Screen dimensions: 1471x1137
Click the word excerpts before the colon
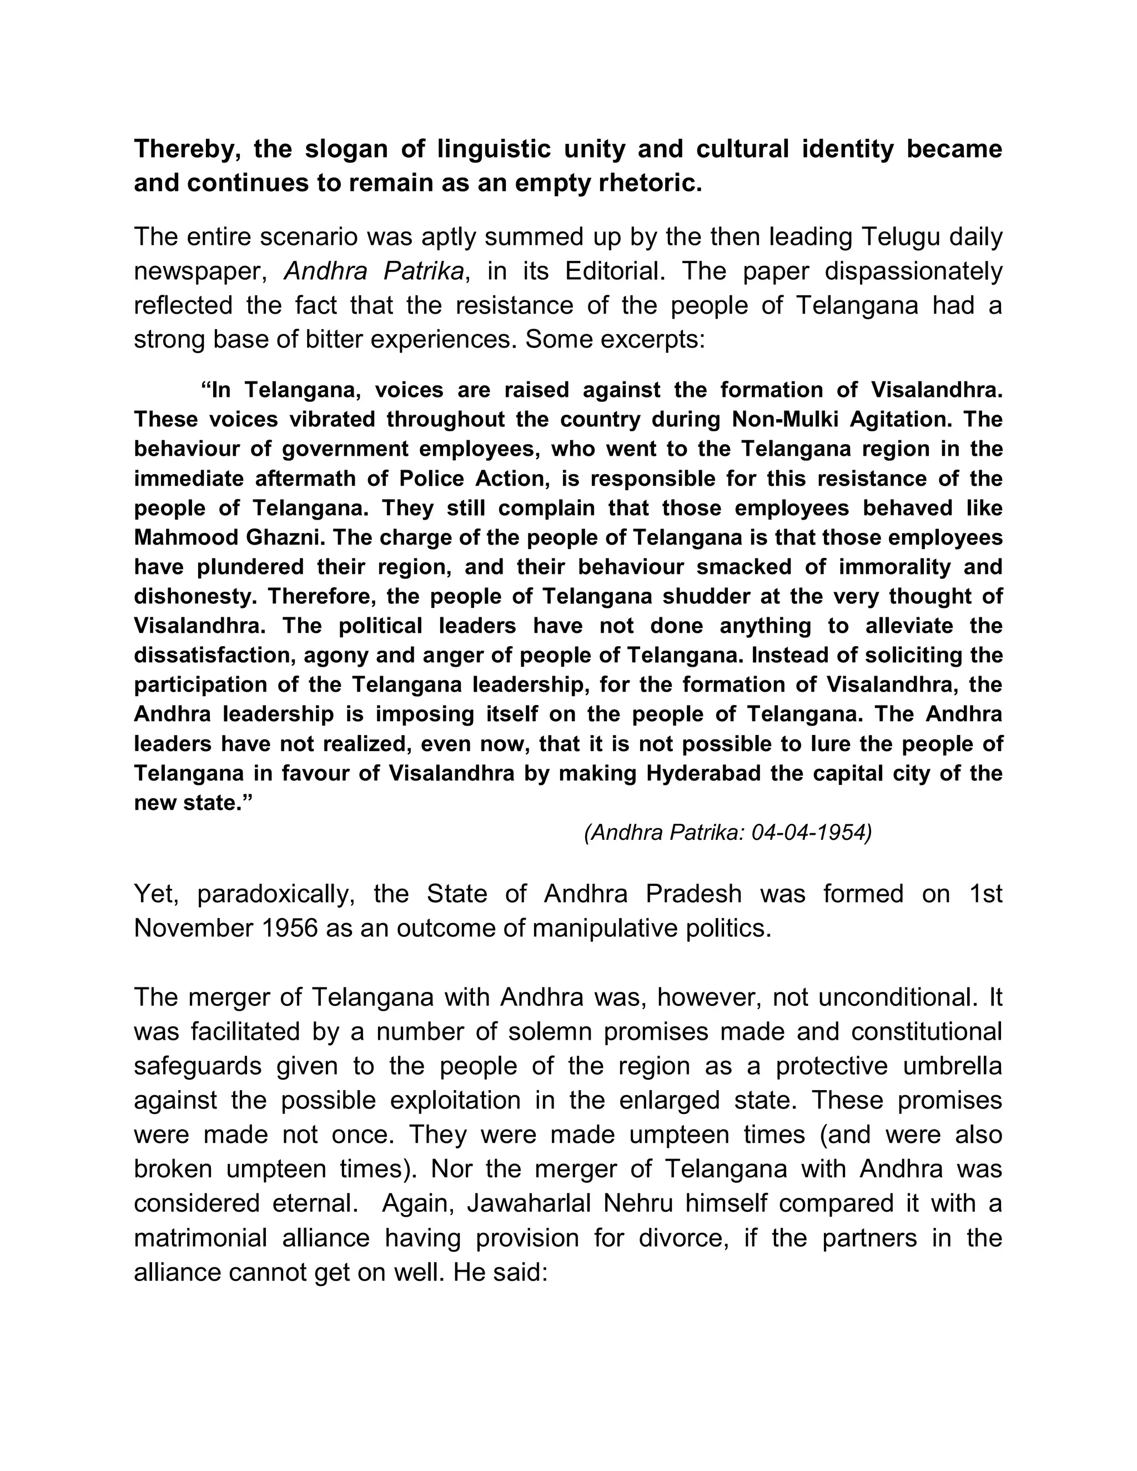pos(646,340)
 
